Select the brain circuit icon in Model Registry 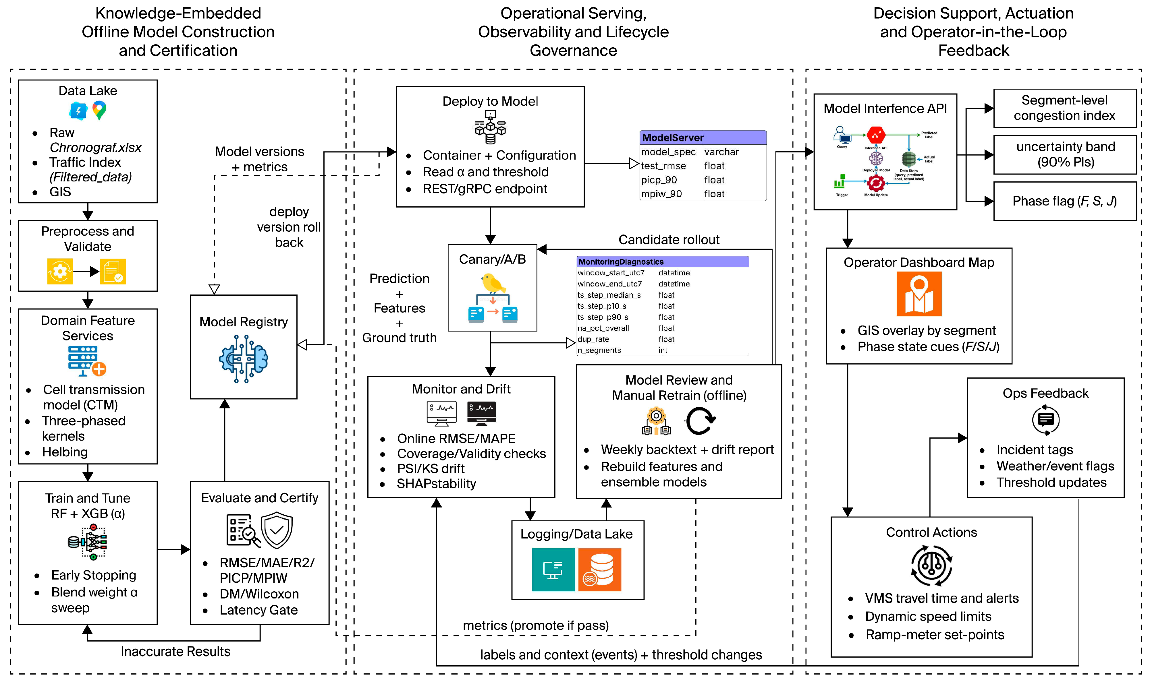tap(244, 359)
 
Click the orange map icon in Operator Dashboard tap(919, 294)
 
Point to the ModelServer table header tap(703, 137)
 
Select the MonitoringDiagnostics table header tap(662, 261)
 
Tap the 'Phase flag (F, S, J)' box tap(1064, 201)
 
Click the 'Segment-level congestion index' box tap(1064, 108)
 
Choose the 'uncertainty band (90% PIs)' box tap(1064, 154)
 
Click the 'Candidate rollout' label tap(669, 239)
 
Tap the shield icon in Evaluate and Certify tap(276, 531)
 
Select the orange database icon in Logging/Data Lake tap(600, 569)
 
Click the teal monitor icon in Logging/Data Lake tap(553, 569)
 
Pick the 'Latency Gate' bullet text tap(258, 610)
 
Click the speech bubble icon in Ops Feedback tap(1046, 420)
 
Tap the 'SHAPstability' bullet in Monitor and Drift tap(436, 483)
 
